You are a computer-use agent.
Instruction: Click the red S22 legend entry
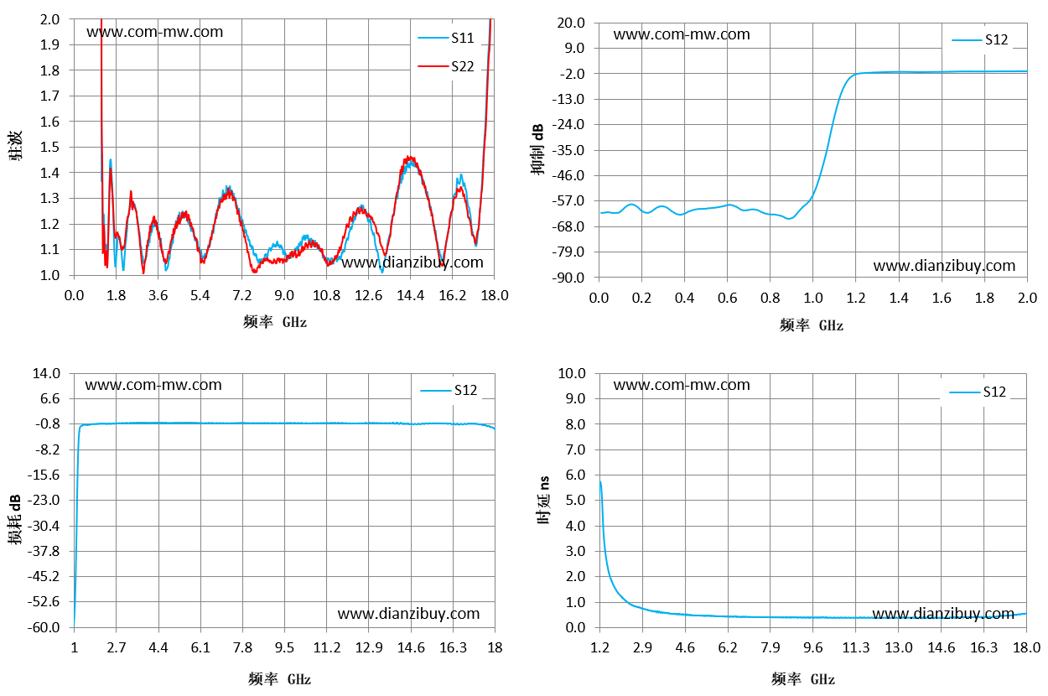(x=446, y=66)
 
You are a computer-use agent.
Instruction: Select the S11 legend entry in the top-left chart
(x=446, y=38)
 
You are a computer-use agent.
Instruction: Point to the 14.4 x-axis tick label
(x=410, y=295)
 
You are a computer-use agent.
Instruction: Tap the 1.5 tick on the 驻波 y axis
(x=49, y=147)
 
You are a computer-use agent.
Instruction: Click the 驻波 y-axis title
(x=15, y=146)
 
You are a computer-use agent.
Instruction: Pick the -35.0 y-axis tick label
(x=568, y=150)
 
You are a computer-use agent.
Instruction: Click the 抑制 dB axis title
(x=537, y=149)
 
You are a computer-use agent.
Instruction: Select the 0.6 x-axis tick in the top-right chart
(x=727, y=299)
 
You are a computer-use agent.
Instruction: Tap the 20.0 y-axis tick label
(x=571, y=23)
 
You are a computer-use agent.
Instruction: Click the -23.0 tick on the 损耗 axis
(x=44, y=500)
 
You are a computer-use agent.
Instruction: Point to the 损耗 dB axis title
(x=14, y=519)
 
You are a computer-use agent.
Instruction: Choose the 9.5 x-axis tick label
(x=284, y=648)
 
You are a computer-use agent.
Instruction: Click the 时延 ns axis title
(x=542, y=500)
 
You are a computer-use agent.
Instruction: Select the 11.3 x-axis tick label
(x=856, y=648)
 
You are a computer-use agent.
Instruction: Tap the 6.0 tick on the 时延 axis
(x=575, y=475)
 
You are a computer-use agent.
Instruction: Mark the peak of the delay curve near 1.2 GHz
(x=600, y=481)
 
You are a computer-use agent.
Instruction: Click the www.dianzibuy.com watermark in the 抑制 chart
(x=944, y=266)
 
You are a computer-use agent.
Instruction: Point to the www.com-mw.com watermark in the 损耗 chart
(x=153, y=385)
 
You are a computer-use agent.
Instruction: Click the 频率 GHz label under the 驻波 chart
(x=275, y=322)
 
